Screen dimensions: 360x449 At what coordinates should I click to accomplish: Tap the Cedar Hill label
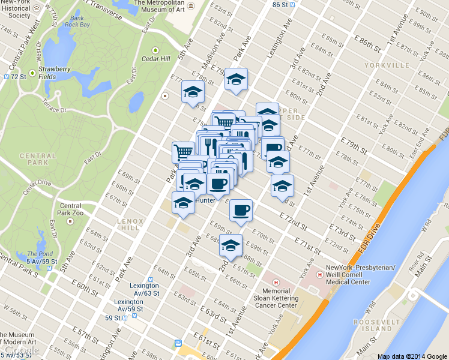tap(156, 59)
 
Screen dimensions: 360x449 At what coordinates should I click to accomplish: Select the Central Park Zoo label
tap(70, 209)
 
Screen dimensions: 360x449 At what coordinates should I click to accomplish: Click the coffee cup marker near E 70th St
tap(241, 211)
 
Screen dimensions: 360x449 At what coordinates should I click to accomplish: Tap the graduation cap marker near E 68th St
tap(231, 245)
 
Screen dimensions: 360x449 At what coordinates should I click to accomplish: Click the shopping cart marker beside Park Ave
tap(183, 151)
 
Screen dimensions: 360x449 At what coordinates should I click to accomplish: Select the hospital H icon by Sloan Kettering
tap(276, 282)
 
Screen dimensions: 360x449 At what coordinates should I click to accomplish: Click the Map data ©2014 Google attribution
tap(412, 356)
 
